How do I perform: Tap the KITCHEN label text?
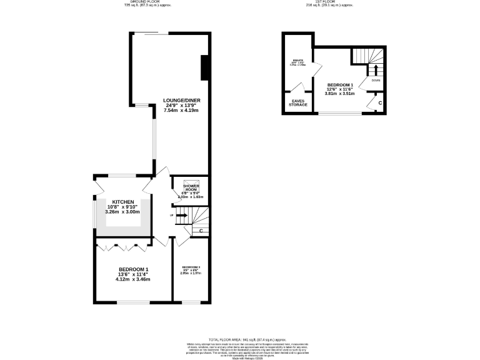[x=119, y=201]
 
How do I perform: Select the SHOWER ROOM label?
[x=191, y=187]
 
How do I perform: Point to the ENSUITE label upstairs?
[x=297, y=61]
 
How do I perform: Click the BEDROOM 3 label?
[x=191, y=267]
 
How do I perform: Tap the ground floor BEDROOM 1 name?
[x=133, y=269]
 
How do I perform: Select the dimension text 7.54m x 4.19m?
[x=181, y=110]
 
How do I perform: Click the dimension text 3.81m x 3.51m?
[x=340, y=94]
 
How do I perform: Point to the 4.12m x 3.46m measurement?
[x=133, y=279]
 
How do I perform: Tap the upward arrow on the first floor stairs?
[x=376, y=69]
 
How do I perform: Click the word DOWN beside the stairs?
[x=376, y=81]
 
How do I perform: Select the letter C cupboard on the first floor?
[x=380, y=102]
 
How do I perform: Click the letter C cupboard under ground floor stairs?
[x=201, y=231]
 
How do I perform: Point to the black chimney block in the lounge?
[x=204, y=67]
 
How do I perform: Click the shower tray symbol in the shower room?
[x=191, y=183]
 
